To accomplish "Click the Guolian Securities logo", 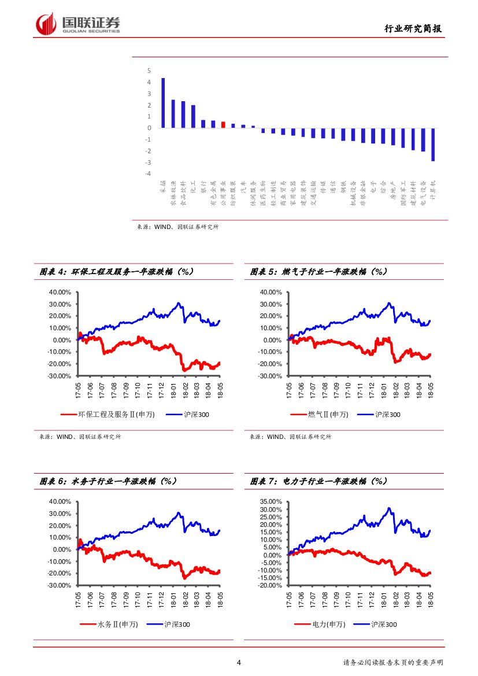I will (x=77, y=24).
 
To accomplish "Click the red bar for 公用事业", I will (x=223, y=124).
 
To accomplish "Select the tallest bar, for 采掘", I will (x=163, y=103).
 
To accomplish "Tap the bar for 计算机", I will (x=433, y=144).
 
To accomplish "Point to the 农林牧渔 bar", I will (x=173, y=114).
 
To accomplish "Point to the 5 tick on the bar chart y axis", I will (x=149, y=71).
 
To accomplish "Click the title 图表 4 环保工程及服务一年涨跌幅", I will (x=116, y=271).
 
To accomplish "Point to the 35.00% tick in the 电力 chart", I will (x=271, y=501).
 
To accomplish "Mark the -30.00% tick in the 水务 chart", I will (x=60, y=585).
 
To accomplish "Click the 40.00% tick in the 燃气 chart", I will (x=271, y=292).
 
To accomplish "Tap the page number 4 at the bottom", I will (x=239, y=663).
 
